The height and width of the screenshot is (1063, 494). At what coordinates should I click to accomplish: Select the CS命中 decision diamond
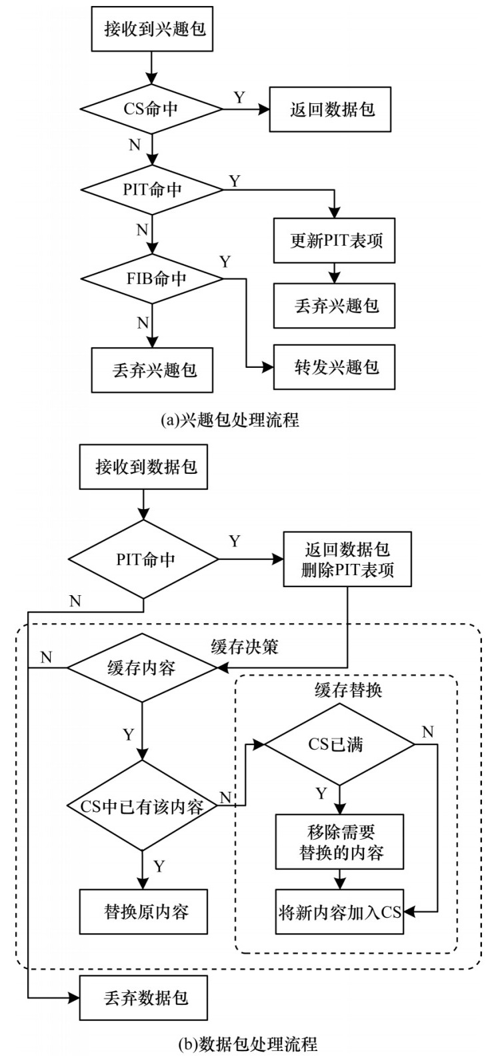point(152,109)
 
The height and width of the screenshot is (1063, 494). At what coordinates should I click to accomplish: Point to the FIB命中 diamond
point(152,279)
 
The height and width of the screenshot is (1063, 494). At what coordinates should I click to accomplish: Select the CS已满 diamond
point(341,744)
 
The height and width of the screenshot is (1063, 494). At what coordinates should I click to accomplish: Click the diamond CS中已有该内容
point(142,806)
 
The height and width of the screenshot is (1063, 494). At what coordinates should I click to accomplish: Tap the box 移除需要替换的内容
point(341,842)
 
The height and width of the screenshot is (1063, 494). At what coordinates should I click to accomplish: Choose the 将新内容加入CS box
point(341,912)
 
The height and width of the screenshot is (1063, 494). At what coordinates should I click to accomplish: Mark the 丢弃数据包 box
point(146,998)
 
